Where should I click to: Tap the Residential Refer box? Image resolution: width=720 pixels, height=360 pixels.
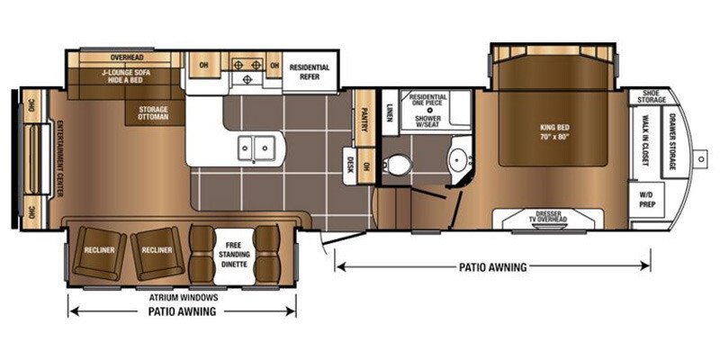click(x=309, y=73)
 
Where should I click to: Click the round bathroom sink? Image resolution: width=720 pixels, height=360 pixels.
click(x=457, y=163)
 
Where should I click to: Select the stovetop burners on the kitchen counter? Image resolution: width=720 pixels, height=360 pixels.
click(x=246, y=65)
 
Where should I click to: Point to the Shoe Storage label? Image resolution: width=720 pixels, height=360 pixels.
click(x=652, y=96)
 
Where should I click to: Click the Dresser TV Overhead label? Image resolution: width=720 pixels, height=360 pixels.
click(x=551, y=216)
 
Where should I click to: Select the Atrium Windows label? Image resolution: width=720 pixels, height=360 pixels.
click(x=184, y=295)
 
